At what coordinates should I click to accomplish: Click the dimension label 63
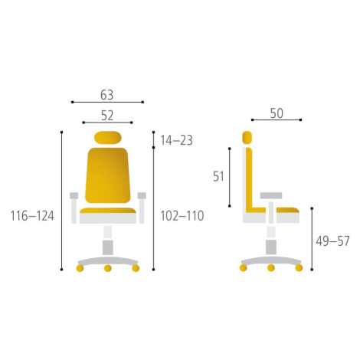tap(106, 95)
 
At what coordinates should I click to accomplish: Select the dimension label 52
tap(107, 116)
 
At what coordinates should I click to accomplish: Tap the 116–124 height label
tap(32, 216)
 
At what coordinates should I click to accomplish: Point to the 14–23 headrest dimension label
tap(176, 140)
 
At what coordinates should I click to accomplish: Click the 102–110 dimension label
tap(182, 216)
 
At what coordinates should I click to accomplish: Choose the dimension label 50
tap(277, 113)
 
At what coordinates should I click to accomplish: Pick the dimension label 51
tap(218, 176)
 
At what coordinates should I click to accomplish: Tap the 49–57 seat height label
tap(332, 241)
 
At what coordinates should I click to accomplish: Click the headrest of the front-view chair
tap(108, 138)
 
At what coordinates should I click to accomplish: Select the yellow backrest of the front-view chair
tap(108, 175)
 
